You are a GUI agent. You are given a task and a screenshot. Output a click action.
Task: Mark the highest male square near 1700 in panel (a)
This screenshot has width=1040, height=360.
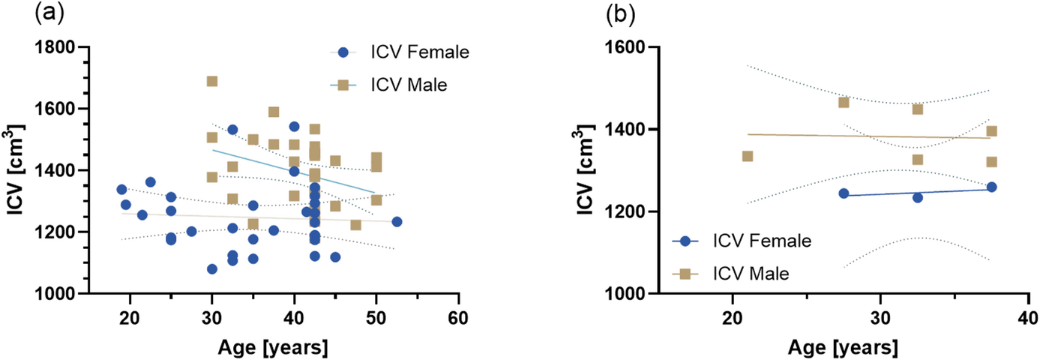point(212,81)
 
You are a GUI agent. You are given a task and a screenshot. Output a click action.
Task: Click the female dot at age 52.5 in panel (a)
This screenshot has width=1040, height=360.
point(397,221)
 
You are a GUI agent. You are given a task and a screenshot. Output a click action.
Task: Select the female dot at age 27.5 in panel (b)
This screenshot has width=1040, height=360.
point(844,193)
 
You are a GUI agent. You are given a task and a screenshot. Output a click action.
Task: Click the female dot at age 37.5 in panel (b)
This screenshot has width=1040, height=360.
point(991,187)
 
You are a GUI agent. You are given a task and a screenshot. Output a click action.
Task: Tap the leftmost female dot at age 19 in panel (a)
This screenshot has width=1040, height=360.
point(121,189)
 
